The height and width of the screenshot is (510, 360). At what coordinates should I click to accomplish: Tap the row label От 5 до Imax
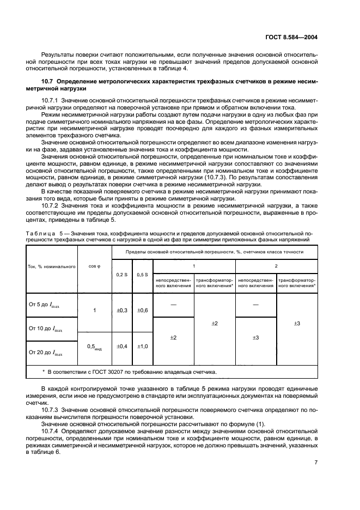(45, 306)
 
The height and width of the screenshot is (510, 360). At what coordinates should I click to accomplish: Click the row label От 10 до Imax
(46, 329)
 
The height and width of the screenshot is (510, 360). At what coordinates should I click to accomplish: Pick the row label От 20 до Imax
(46, 353)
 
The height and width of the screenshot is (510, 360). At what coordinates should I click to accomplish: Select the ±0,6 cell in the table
(143, 310)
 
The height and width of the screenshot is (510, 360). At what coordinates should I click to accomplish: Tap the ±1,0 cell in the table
(143, 346)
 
